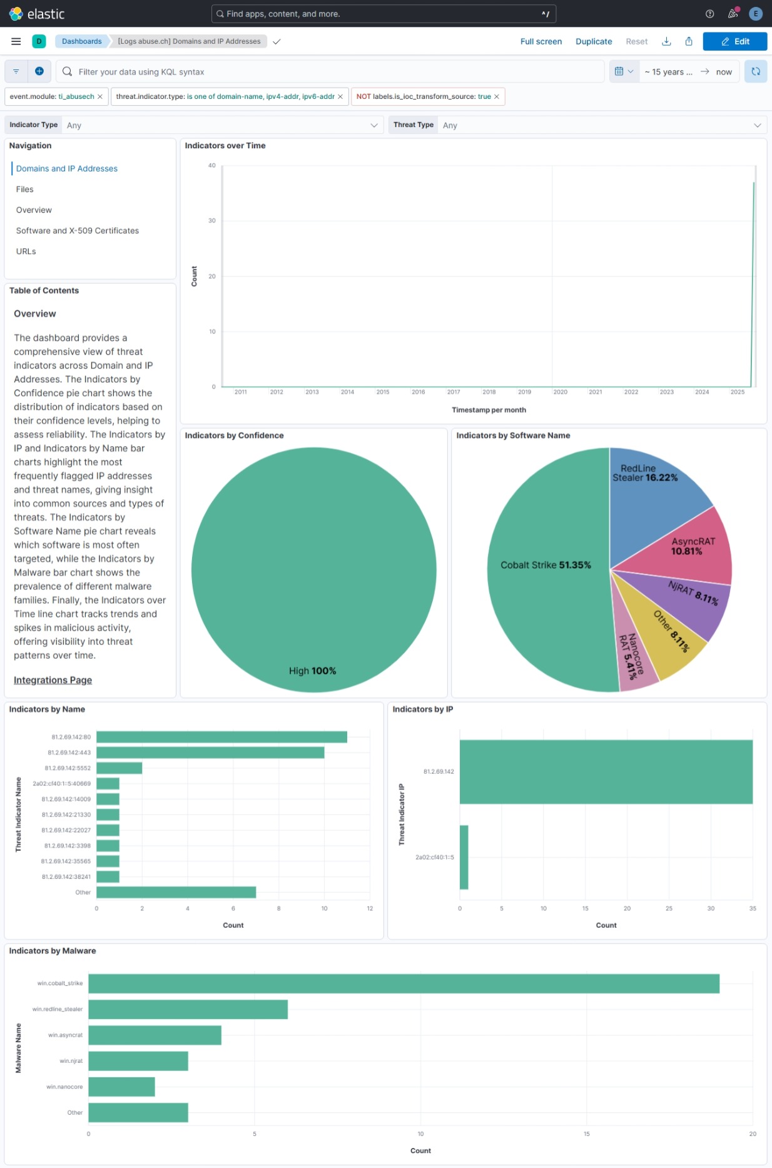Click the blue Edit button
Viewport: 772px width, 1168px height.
pos(734,41)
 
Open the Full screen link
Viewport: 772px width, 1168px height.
pos(541,41)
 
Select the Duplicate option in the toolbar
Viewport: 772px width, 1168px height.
pos(593,41)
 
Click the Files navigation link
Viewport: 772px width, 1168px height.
pos(25,190)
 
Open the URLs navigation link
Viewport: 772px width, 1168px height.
pos(26,251)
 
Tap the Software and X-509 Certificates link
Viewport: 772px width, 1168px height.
pos(78,231)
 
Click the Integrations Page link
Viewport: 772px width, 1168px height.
pos(53,680)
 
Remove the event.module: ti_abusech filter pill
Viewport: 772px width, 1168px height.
pos(100,97)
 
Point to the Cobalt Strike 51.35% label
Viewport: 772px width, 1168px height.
pos(546,565)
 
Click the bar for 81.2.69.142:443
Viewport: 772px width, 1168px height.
pos(210,753)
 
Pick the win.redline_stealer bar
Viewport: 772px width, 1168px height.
pos(188,1009)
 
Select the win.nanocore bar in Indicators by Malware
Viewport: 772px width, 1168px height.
pos(121,1087)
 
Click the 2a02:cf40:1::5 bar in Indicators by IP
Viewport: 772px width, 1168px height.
pos(464,857)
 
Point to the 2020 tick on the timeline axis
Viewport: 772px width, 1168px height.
pos(560,392)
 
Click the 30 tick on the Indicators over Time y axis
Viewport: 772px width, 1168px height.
pos(212,221)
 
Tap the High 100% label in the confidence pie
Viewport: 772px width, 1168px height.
pos(312,671)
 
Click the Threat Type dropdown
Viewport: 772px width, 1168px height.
pos(601,125)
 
